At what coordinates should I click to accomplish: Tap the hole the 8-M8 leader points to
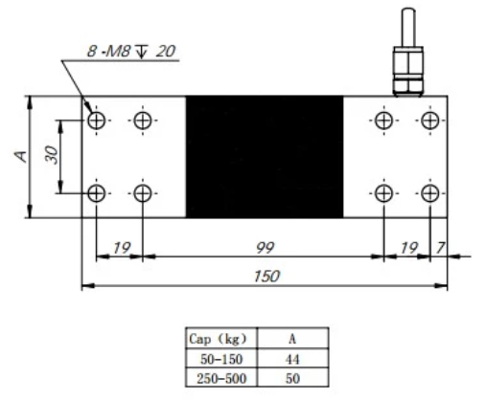pos(97,121)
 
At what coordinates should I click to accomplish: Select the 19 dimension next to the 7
pos(406,249)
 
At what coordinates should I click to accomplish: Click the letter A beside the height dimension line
pos(21,156)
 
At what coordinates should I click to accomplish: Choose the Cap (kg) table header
pos(216,338)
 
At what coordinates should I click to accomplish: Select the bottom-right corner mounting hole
pos(428,194)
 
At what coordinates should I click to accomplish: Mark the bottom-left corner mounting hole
pos(97,194)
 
